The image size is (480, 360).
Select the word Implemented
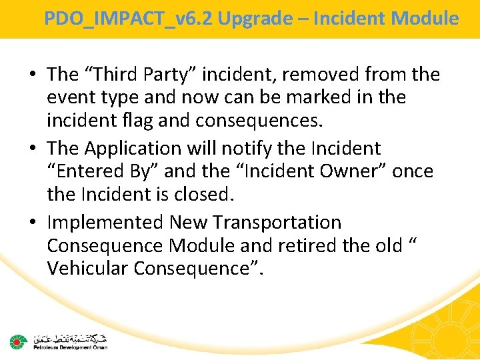[x=105, y=222]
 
